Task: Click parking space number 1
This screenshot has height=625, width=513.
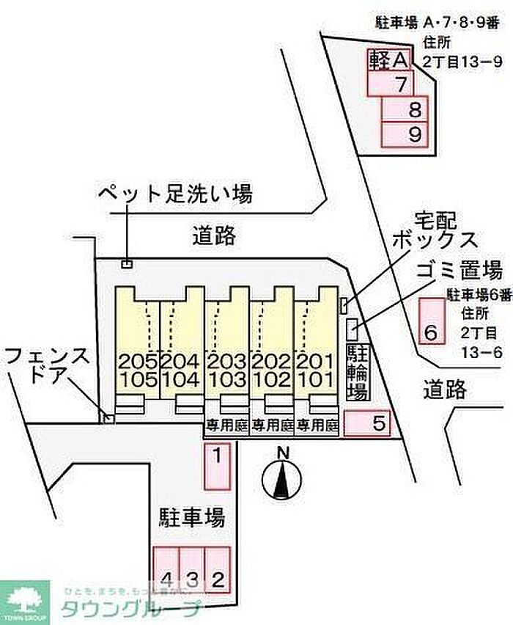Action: [x=217, y=467]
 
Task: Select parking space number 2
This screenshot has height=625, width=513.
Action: [x=218, y=569]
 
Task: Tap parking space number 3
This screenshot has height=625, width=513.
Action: [x=191, y=569]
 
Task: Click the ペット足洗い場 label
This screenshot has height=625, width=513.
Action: [x=176, y=194]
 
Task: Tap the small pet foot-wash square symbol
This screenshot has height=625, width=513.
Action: [x=128, y=263]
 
